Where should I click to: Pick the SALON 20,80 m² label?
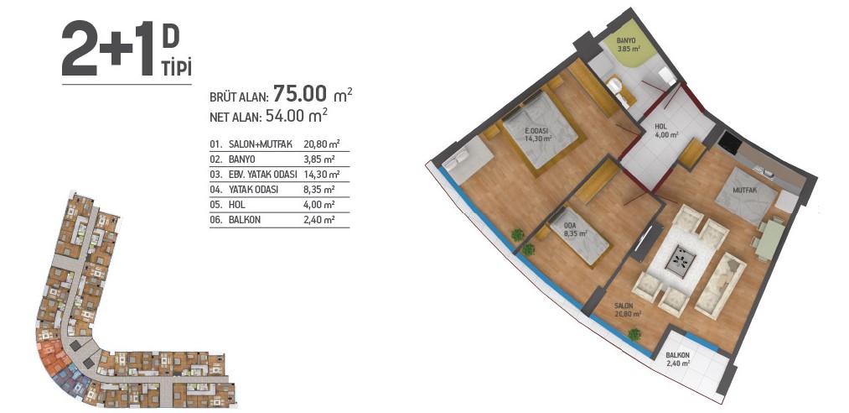pos(628,310)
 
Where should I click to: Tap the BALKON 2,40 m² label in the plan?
pos(678,359)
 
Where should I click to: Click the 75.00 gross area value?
pos(300,94)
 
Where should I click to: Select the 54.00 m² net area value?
pos(296,116)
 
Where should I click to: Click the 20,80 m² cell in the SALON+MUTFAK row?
pos(322,144)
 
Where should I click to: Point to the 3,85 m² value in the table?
pos(319,159)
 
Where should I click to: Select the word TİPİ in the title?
pos(177,70)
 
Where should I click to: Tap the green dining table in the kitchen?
pos(770,239)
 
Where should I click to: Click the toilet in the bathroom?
pos(614,85)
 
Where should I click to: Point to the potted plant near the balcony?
pos(634,334)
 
